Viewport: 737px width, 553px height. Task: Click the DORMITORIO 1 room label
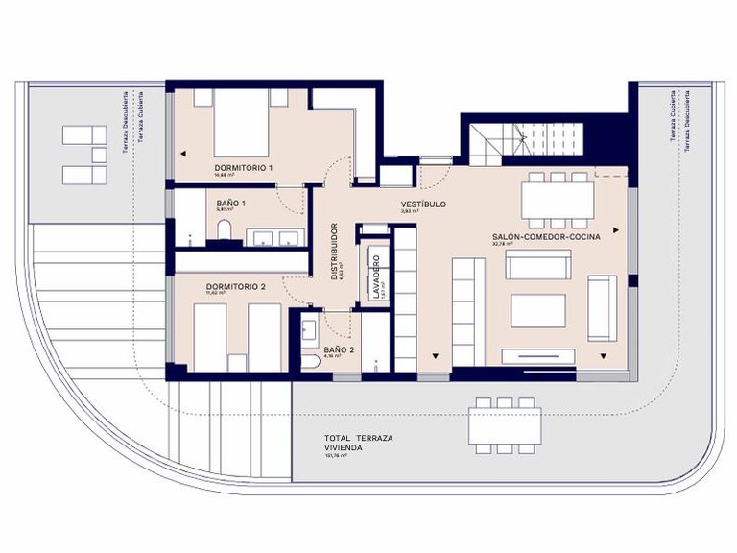click(244, 168)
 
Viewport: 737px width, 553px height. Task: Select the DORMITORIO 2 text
click(235, 286)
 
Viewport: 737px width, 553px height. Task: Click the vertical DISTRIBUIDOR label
click(334, 251)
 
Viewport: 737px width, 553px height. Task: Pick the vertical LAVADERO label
click(376, 276)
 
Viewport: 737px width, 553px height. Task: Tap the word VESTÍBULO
click(423, 204)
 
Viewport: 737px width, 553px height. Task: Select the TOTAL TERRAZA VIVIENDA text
click(359, 443)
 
